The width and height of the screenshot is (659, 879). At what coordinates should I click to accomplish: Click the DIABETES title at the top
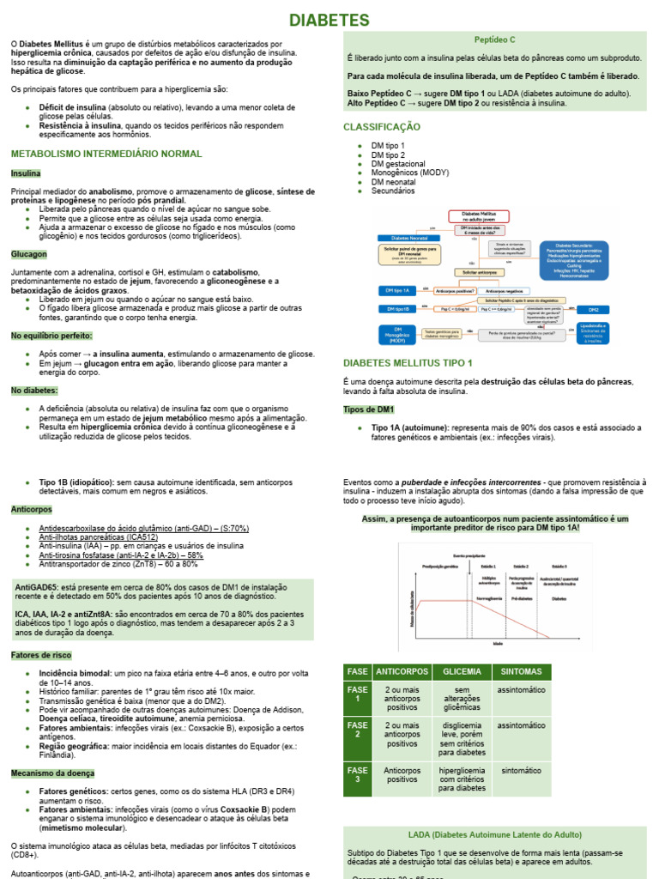(x=329, y=20)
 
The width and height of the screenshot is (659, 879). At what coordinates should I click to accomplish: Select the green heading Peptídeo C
(x=495, y=39)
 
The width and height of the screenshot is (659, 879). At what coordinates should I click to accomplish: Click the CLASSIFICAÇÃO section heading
(x=382, y=127)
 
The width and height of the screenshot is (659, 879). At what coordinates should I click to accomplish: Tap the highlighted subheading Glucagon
(x=29, y=255)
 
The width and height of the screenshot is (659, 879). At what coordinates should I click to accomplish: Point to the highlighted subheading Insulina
(x=26, y=173)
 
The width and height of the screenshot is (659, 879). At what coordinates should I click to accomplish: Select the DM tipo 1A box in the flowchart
(x=402, y=291)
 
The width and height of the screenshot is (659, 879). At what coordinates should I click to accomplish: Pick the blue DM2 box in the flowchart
(x=593, y=309)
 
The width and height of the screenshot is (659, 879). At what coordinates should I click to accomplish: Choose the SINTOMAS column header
(x=521, y=670)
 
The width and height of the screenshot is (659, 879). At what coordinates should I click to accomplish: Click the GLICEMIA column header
(x=463, y=670)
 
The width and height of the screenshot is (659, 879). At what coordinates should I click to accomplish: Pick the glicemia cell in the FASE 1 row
(x=463, y=700)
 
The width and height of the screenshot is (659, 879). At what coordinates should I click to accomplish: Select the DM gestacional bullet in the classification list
(x=397, y=164)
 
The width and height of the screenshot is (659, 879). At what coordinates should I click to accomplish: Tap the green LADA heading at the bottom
(x=494, y=834)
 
